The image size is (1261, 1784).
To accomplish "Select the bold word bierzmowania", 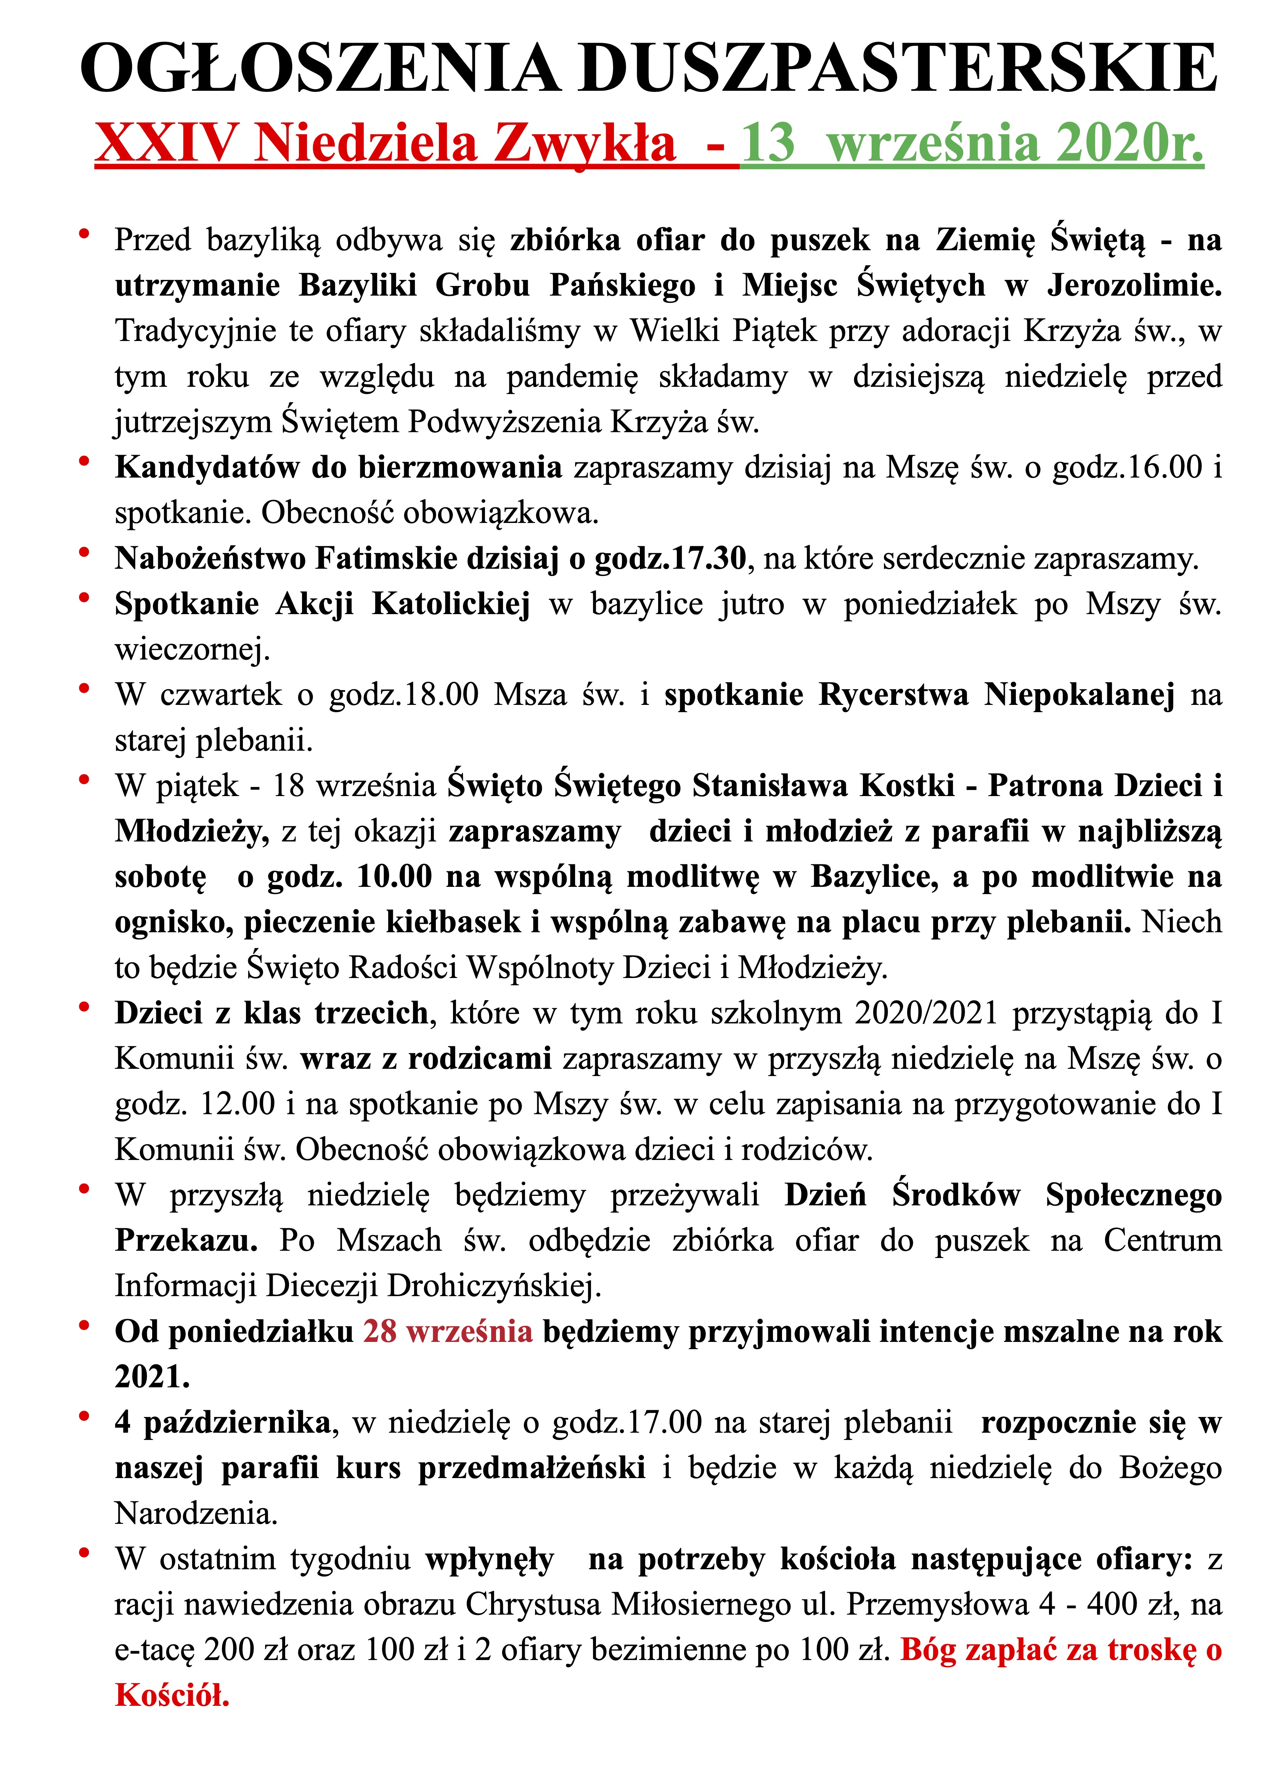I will click(x=460, y=468).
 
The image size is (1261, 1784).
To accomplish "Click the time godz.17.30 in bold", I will click(x=670, y=558).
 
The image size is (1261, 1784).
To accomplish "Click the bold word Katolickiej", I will click(x=451, y=604).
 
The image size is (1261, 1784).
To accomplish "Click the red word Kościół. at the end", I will click(x=172, y=1695).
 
